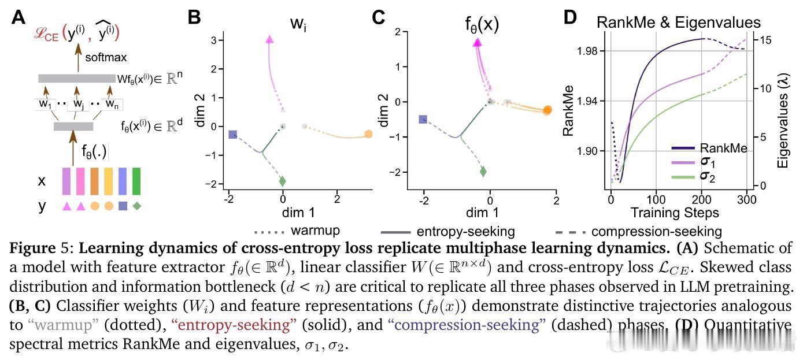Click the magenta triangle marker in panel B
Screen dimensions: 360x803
click(x=269, y=39)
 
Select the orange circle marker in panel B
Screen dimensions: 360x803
click(x=368, y=135)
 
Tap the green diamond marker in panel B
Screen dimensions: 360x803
click(x=283, y=181)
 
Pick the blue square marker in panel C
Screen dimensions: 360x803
click(x=423, y=120)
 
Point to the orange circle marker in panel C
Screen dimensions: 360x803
click(x=547, y=110)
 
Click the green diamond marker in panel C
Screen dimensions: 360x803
click(x=483, y=172)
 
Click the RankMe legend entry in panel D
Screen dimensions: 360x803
click(x=723, y=149)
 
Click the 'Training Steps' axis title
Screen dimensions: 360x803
click(x=675, y=213)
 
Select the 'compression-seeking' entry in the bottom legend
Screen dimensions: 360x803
click(x=656, y=232)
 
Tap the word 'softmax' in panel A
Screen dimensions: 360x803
click(x=106, y=57)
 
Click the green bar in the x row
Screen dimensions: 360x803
click(x=136, y=181)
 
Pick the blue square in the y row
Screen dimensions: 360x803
click(x=123, y=206)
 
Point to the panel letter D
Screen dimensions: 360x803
click(x=570, y=17)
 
